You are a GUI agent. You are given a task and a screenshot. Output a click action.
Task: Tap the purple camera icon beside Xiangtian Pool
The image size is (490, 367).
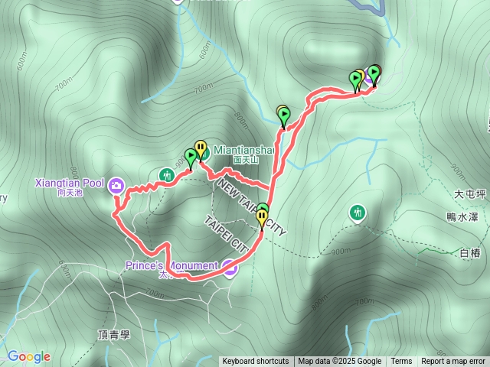116,185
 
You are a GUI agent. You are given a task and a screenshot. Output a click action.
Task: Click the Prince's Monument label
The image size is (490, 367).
173,266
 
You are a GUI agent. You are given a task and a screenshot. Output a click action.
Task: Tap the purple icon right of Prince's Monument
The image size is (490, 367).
230,268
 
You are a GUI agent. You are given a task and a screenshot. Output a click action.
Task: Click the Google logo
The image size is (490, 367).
29,356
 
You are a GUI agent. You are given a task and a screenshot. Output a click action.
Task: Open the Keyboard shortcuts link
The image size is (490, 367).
256,362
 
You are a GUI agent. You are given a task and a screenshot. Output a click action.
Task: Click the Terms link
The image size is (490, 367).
401,362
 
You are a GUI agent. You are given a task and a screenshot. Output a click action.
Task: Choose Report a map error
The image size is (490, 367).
453,362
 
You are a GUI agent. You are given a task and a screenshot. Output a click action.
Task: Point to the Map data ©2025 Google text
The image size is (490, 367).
339,362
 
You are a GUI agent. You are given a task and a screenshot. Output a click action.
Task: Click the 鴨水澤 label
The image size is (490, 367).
464,216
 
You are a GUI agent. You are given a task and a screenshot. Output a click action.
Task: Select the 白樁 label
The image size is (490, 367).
469,252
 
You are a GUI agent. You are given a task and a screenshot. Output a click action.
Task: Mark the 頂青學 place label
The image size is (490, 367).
115,335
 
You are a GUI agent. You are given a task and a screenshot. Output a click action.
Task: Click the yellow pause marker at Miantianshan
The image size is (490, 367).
201,147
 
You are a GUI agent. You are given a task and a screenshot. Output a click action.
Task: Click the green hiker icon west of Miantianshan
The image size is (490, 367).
165,176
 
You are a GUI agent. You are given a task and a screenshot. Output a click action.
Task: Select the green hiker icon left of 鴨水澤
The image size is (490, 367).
358,212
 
